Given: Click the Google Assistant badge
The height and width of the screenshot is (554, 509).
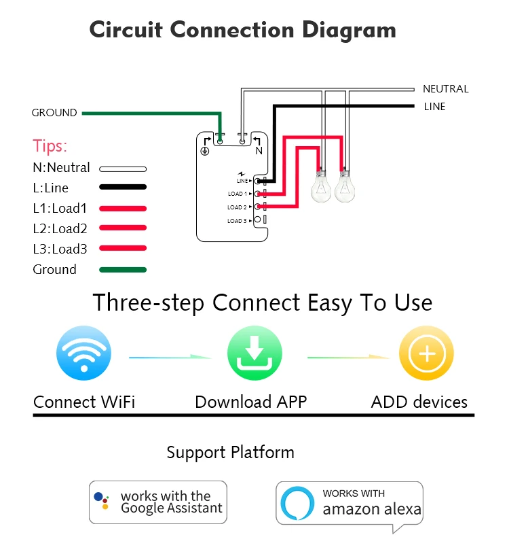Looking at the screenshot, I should [x=158, y=502].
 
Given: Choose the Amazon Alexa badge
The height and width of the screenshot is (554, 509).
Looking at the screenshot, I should [x=350, y=503].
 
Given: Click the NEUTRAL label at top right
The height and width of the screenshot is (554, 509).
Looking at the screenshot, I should [x=445, y=89].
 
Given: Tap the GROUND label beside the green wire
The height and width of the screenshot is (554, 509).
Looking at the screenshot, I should [x=54, y=113].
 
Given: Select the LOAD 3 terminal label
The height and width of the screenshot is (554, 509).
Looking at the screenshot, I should [x=237, y=220].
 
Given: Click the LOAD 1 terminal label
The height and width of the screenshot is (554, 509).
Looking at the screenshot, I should [x=237, y=194].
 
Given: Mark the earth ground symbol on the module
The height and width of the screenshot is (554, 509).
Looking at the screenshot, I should [x=204, y=151].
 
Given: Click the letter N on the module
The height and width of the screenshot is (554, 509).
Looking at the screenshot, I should [x=259, y=151].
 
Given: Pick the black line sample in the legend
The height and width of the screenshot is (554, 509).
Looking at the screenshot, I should [x=123, y=188].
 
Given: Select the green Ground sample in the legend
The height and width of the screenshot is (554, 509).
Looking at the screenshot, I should [x=123, y=270].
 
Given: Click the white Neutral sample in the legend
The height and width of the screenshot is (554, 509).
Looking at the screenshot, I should [x=123, y=168].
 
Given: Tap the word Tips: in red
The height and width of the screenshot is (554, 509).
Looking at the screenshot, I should [x=50, y=146].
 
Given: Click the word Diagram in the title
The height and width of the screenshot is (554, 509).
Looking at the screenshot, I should [x=349, y=30].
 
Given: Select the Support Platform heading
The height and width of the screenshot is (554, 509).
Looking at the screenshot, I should [x=231, y=452].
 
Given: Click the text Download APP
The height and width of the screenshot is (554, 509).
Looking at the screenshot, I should [x=251, y=402].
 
